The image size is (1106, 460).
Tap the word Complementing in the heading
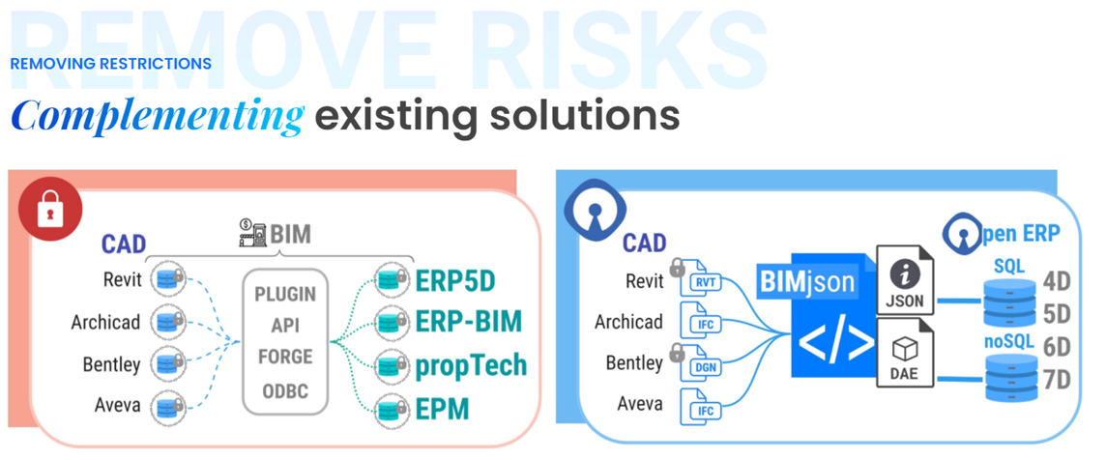[x=158, y=116]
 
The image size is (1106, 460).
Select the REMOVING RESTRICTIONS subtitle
[x=111, y=64]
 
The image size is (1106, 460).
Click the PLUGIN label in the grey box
[x=286, y=293]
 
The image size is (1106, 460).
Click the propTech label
[x=471, y=364]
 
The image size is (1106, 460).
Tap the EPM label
[x=443, y=408]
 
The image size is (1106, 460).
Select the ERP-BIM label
[x=470, y=322]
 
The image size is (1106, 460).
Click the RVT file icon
[x=704, y=282]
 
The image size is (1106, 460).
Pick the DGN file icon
[x=704, y=365]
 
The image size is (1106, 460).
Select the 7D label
[x=1058, y=379]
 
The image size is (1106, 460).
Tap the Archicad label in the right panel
[x=629, y=322]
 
